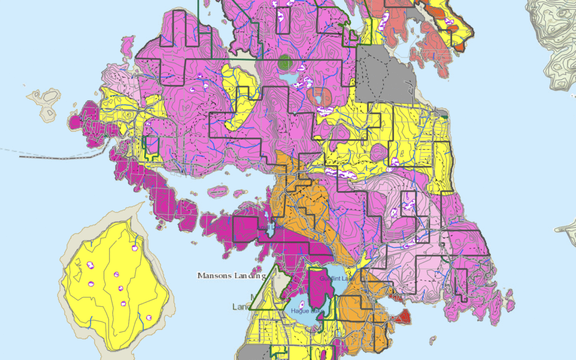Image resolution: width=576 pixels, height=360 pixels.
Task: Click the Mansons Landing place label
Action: click(x=231, y=276)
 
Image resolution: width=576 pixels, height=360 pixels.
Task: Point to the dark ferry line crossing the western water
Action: click(x=59, y=157)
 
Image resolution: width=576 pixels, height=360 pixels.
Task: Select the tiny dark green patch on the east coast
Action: click(x=442, y=114)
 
